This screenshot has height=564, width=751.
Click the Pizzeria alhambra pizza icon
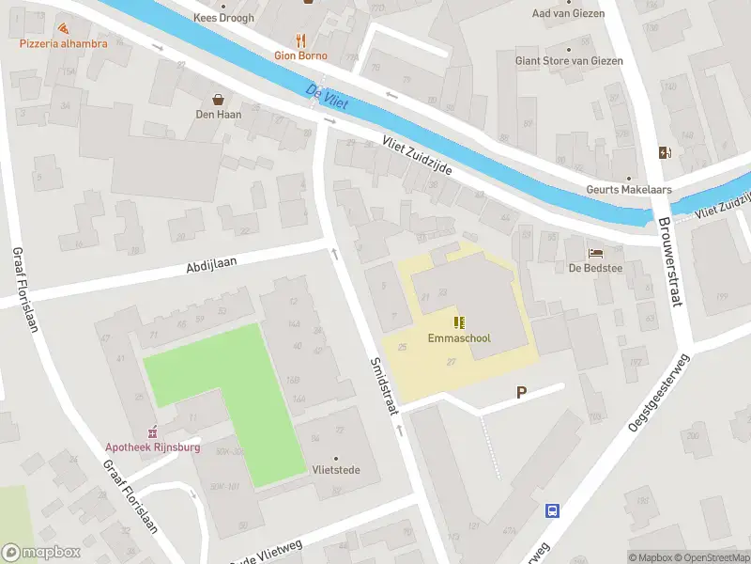click(x=62, y=29)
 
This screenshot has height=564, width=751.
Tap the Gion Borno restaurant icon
click(x=300, y=39)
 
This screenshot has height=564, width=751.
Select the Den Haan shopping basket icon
click(x=219, y=99)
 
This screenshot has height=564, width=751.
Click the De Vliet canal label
click(x=327, y=96)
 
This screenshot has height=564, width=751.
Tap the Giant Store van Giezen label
click(x=568, y=61)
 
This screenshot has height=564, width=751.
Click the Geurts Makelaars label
click(x=629, y=189)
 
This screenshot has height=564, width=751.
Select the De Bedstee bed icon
click(x=595, y=253)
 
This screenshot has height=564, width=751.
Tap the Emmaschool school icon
click(x=459, y=321)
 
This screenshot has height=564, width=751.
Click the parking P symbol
click(x=520, y=394)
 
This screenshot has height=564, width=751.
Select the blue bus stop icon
click(x=553, y=510)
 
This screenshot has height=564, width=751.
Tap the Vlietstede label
click(x=337, y=470)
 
